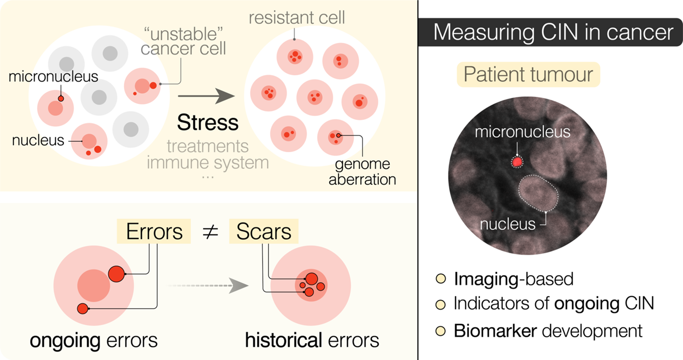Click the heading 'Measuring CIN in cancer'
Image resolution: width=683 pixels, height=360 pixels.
tap(553, 33)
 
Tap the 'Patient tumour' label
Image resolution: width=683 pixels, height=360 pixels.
tap(528, 75)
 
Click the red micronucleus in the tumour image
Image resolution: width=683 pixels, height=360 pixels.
tap(517, 162)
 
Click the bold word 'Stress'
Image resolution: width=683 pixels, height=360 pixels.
tap(208, 122)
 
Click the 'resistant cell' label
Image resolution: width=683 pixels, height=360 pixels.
tap(297, 18)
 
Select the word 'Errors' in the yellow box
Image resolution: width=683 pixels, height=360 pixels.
tap(155, 232)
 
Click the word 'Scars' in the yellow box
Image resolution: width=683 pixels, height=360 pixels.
tap(263, 232)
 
